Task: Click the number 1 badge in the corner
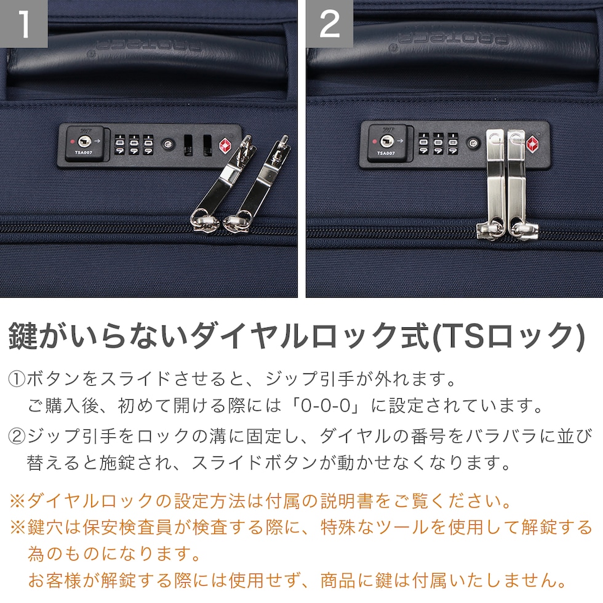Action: click(23, 23)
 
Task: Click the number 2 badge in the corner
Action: click(330, 23)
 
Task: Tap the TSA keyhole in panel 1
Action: click(84, 142)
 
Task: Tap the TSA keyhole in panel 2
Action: click(386, 142)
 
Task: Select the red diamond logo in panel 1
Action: click(225, 146)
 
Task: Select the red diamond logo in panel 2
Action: click(532, 144)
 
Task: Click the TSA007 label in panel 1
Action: click(84, 153)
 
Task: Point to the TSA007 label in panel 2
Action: click(386, 153)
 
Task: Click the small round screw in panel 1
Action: click(167, 145)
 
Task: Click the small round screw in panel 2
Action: click(473, 143)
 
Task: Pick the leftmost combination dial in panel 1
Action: click(119, 145)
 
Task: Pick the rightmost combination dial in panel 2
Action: click(453, 143)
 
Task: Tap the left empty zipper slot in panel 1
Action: click(188, 145)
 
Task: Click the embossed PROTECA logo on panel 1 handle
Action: click(149, 46)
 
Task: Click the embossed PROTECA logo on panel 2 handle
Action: click(454, 38)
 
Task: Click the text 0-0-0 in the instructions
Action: click(325, 405)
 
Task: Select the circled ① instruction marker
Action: click(17, 379)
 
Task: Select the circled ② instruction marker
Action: click(17, 436)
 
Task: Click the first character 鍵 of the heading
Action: click(23, 336)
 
